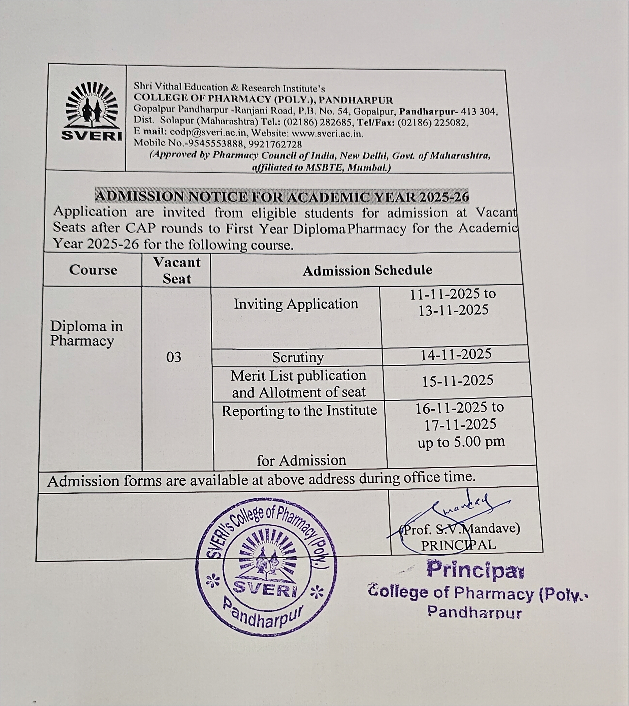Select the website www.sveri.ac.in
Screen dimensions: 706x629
click(x=327, y=133)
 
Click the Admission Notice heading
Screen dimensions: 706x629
click(x=282, y=197)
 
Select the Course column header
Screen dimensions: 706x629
click(x=93, y=270)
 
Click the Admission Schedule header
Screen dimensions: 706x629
click(x=367, y=270)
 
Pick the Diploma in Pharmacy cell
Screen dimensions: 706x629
click(x=86, y=333)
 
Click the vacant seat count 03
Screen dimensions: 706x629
click(x=173, y=357)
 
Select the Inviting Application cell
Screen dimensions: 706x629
click(x=296, y=304)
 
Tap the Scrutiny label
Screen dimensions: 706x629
click(x=298, y=357)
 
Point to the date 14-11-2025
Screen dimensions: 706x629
click(x=456, y=355)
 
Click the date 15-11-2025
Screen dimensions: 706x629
click(x=458, y=381)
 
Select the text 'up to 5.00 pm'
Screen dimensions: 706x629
click(x=461, y=442)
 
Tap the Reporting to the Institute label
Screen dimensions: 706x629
click(x=299, y=411)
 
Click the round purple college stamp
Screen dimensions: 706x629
click(x=266, y=567)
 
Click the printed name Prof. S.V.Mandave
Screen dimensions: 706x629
click(x=460, y=529)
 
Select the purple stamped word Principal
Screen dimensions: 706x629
click(x=475, y=570)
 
